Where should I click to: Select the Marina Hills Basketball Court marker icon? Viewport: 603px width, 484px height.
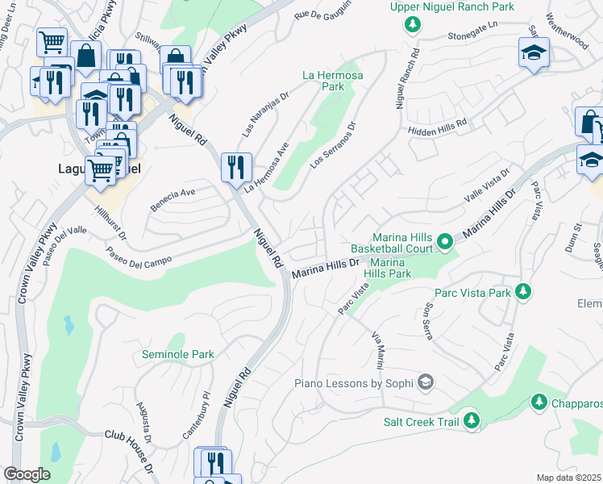tap(443, 241)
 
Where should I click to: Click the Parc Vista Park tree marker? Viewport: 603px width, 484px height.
tap(523, 291)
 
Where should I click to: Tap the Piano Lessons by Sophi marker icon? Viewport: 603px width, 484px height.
tap(426, 382)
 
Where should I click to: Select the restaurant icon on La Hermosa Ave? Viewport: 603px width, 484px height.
tap(236, 167)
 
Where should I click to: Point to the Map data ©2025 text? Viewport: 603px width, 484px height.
tap(568, 478)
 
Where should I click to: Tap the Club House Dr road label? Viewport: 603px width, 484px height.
tap(130, 437)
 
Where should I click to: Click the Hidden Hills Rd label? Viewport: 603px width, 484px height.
tap(438, 126)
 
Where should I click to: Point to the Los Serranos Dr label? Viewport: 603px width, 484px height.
tap(333, 145)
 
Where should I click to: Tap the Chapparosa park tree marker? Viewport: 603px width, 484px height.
tap(539, 401)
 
